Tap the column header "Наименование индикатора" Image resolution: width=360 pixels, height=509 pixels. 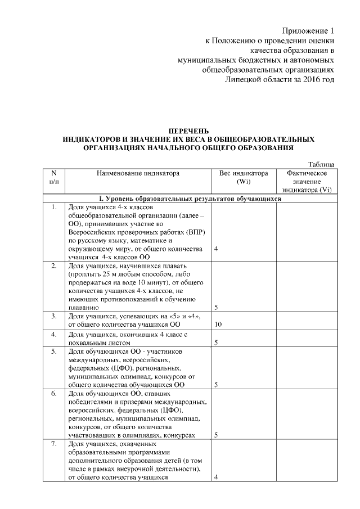tap(138, 173)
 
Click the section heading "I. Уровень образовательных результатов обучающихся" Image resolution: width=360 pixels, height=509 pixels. tap(190, 199)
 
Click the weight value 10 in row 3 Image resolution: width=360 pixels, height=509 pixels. tap(219, 325)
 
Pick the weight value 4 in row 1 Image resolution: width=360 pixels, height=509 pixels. tap(217, 249)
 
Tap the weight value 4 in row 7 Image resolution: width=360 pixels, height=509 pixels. tap(217, 477)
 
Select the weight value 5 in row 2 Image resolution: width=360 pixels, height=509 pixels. tap(217, 308)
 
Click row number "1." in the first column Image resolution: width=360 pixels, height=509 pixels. tap(53, 207)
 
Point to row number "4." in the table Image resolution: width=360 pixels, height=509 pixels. tap(53, 334)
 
